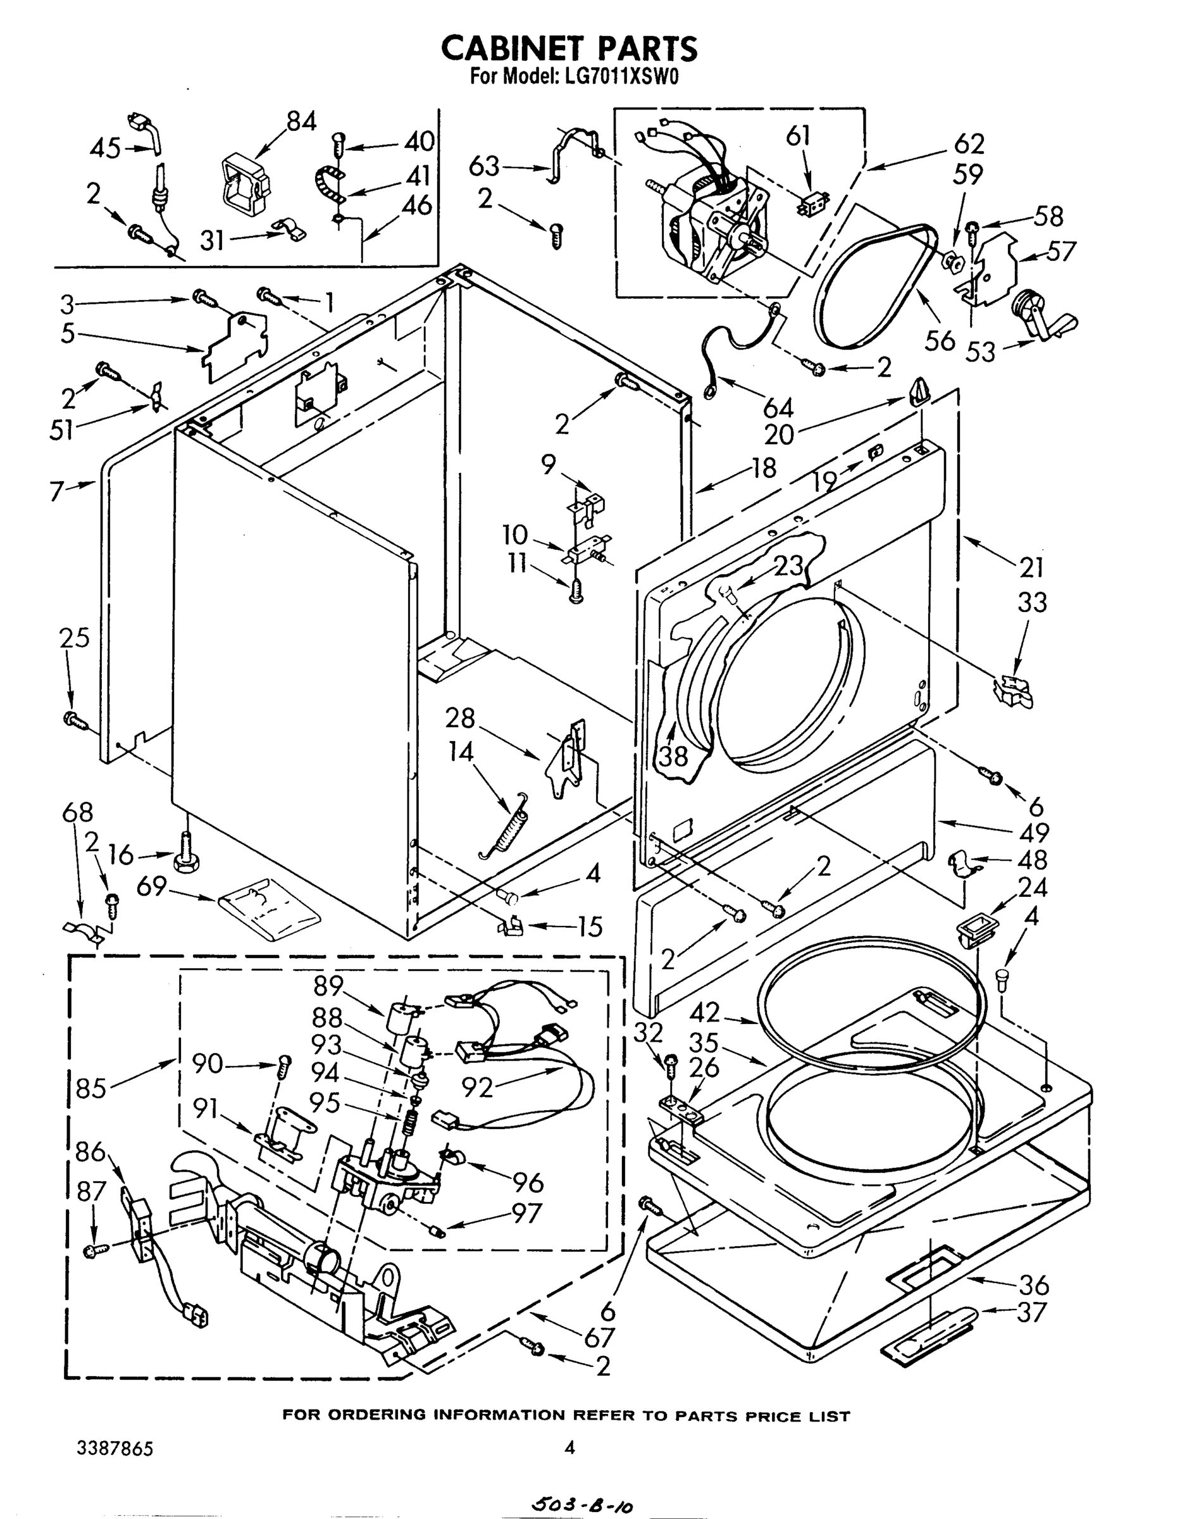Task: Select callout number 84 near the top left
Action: click(301, 121)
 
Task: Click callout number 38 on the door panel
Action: click(672, 755)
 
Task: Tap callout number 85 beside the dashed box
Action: click(91, 1088)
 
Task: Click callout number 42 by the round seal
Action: click(704, 1013)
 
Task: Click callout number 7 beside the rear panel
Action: click(56, 492)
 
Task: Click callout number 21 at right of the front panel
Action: click(1031, 567)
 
